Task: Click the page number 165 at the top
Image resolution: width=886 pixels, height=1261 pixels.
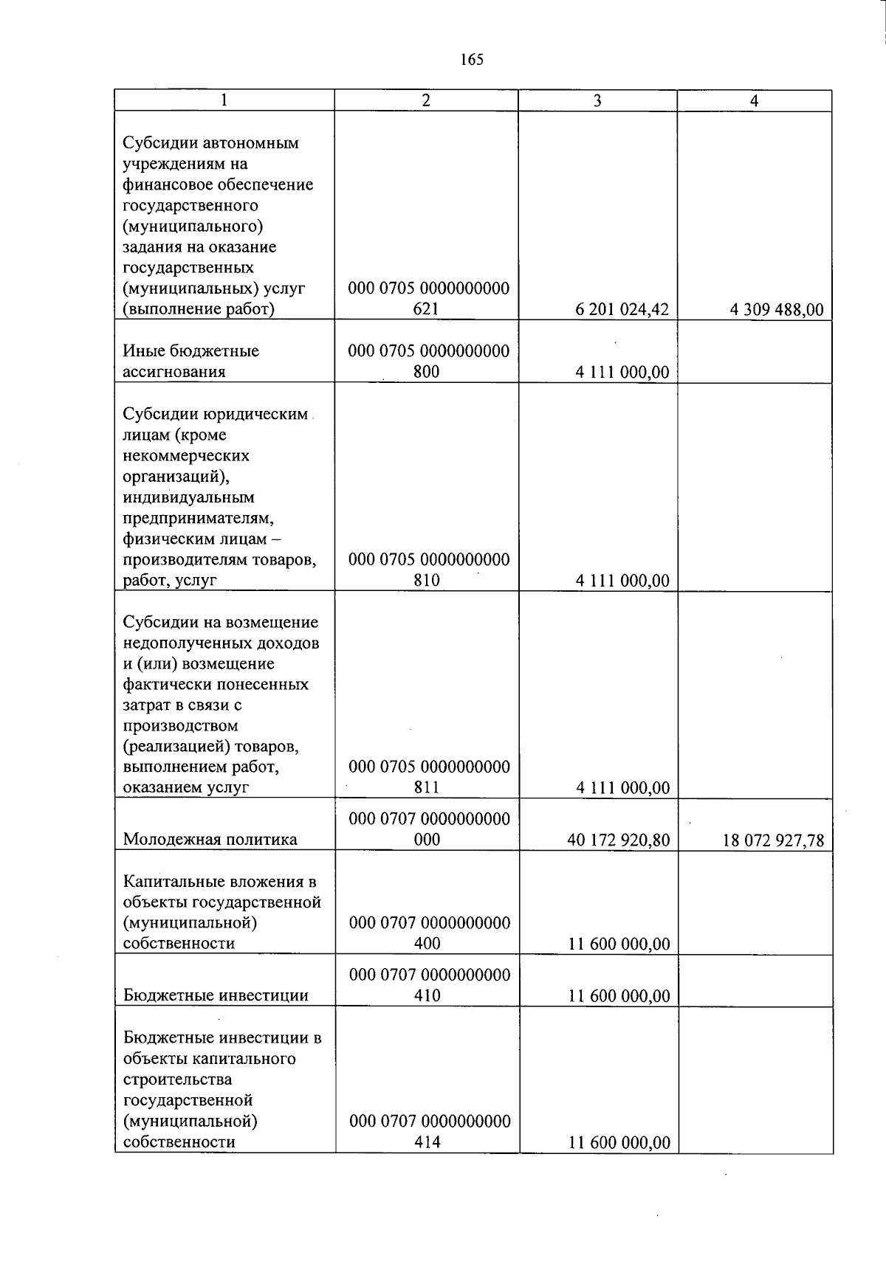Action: pyautogui.click(x=471, y=60)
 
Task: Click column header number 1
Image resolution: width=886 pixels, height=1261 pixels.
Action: pyautogui.click(x=224, y=100)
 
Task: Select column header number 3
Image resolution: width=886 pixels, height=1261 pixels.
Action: pyautogui.click(x=597, y=100)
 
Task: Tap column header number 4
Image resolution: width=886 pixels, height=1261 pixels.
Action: pyautogui.click(x=754, y=100)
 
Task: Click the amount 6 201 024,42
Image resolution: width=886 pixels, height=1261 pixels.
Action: pyautogui.click(x=622, y=310)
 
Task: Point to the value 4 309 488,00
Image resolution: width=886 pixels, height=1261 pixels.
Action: pyautogui.click(x=776, y=310)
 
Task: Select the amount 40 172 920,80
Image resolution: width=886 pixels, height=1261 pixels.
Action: pyautogui.click(x=618, y=840)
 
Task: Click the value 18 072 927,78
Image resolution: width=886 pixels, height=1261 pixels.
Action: pyautogui.click(x=773, y=840)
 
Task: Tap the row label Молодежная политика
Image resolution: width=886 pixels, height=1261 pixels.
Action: pyautogui.click(x=210, y=839)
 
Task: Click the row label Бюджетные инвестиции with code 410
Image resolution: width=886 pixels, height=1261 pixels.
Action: pyautogui.click(x=216, y=995)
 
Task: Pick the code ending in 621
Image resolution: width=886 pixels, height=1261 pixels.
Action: pyautogui.click(x=428, y=299)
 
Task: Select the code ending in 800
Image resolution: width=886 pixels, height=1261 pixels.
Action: pyautogui.click(x=428, y=362)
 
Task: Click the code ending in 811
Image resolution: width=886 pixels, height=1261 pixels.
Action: pyautogui.click(x=428, y=777)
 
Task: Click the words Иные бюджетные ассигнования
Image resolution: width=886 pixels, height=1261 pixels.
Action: pyautogui.click(x=190, y=361)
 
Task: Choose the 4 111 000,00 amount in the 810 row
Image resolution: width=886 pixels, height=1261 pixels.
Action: pyautogui.click(x=622, y=581)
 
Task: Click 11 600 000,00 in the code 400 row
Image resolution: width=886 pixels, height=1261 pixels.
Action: pyautogui.click(x=619, y=944)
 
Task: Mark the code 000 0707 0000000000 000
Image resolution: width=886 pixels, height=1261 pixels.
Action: pyautogui.click(x=429, y=829)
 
